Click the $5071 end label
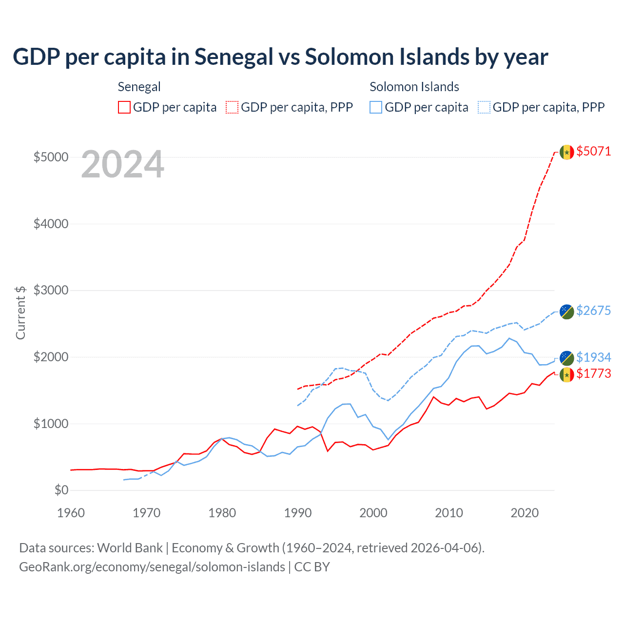593,151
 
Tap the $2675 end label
593,311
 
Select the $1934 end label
593,357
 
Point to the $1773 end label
593,373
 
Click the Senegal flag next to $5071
566,152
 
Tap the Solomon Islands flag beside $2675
566,312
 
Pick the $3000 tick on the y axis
51,290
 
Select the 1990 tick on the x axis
298,513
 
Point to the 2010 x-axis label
449,513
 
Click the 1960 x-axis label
71,513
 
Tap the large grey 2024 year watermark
122,165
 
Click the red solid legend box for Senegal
124,107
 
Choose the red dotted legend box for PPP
232,107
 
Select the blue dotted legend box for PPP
484,107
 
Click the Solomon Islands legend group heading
414,87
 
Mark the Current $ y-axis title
20,312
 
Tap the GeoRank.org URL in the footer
152,567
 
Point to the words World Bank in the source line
130,548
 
